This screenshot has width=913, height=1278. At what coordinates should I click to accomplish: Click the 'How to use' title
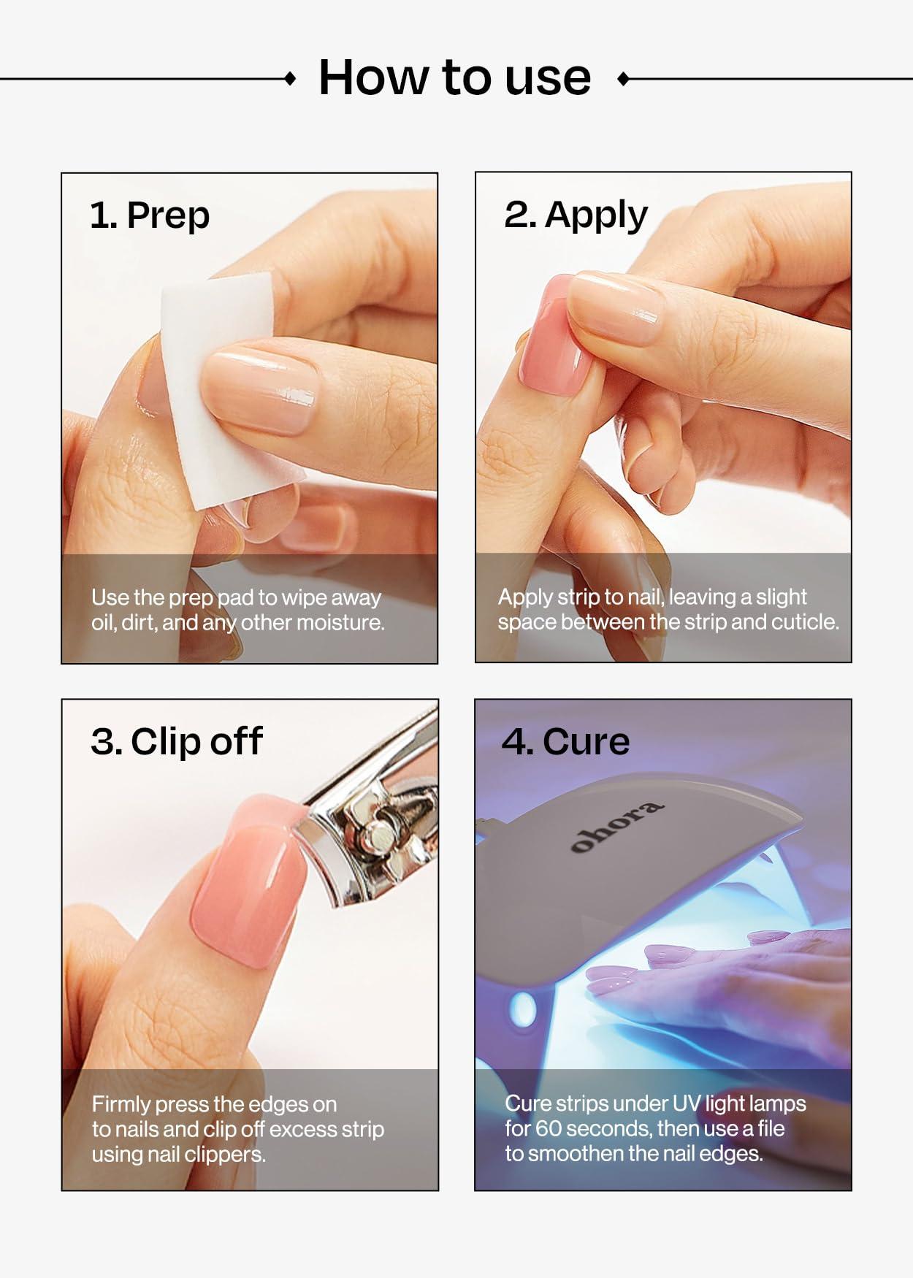(x=454, y=77)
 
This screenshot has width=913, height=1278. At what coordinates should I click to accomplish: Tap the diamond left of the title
(x=290, y=79)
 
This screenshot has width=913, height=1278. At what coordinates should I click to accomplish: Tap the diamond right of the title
(x=623, y=79)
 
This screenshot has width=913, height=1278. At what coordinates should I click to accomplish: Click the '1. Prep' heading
(x=150, y=215)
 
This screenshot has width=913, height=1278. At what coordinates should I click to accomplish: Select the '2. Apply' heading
(x=576, y=215)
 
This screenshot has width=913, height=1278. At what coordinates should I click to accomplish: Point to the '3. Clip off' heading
(x=176, y=741)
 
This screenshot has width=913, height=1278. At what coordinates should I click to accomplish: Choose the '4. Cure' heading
(x=565, y=741)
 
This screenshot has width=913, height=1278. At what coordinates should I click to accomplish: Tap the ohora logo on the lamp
(x=617, y=827)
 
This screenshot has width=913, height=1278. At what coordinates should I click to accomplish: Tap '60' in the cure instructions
(x=549, y=1128)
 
